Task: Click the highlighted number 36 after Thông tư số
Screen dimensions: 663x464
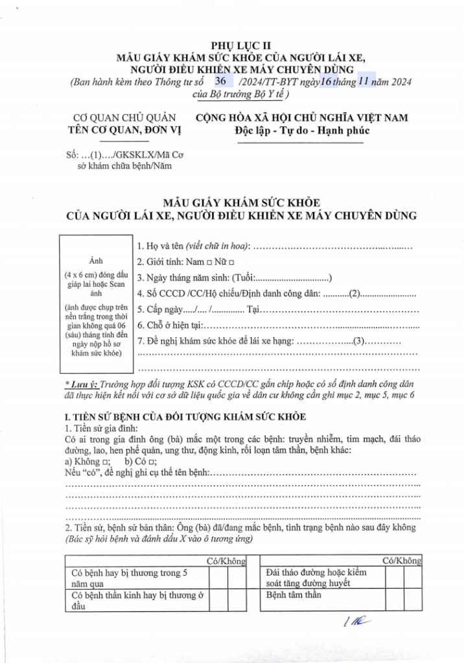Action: point(220,81)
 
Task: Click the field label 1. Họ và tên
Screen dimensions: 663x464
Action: point(161,246)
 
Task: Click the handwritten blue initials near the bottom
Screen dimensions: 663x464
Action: point(354,623)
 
